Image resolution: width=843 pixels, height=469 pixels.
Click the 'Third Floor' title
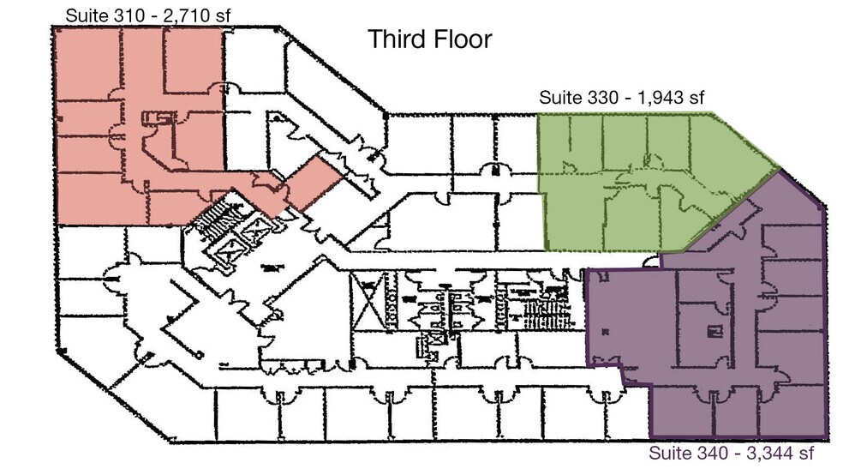tap(430, 39)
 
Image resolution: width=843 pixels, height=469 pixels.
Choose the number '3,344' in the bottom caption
tap(772, 453)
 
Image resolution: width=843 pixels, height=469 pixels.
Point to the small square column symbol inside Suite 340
tap(710, 329)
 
